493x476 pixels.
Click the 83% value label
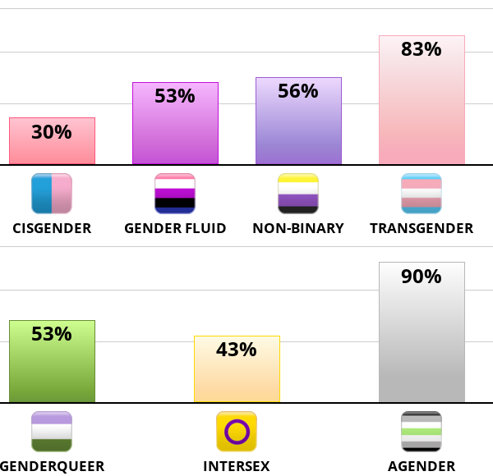[422, 49]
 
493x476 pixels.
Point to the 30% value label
[52, 132]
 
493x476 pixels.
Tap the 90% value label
[422, 277]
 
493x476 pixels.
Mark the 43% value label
[237, 350]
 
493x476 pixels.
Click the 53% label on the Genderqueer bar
[52, 334]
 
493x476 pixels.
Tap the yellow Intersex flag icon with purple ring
[237, 432]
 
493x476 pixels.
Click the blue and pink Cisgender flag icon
[52, 194]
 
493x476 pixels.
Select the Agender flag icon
[422, 432]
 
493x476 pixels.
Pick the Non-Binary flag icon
[298, 194]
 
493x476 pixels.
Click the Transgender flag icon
[422, 194]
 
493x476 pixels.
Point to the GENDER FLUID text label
[175, 228]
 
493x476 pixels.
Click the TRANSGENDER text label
[422, 228]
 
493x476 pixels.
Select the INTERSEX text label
[237, 466]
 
